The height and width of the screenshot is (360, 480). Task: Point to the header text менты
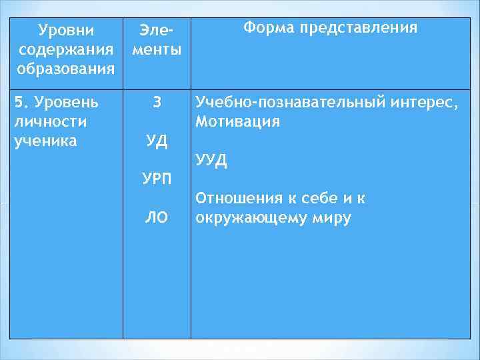click(x=156, y=50)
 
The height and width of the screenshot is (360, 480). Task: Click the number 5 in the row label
click(x=19, y=103)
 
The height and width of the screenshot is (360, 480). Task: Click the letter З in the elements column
click(x=156, y=103)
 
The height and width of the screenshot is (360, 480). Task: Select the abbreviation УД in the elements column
click(x=157, y=141)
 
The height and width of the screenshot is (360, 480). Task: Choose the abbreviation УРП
click(x=157, y=179)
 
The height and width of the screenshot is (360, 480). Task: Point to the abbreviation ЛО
click(x=157, y=217)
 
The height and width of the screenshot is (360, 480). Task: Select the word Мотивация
click(x=237, y=122)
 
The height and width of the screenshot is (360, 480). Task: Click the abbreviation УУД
click(x=211, y=161)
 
